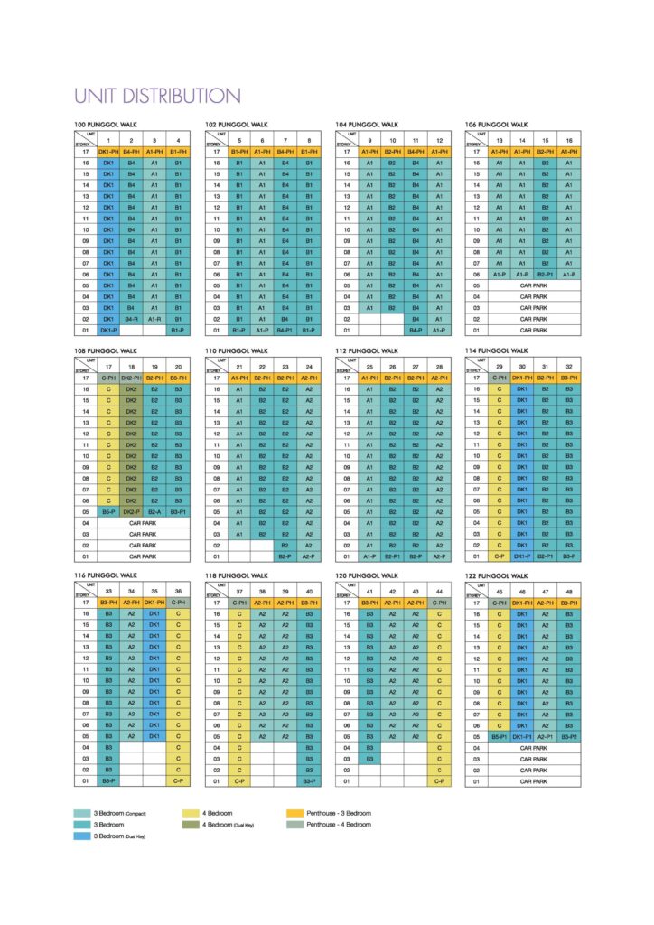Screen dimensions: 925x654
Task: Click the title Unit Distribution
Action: point(157,96)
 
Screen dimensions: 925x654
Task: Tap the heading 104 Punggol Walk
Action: point(367,124)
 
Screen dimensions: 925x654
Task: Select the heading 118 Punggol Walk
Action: point(237,575)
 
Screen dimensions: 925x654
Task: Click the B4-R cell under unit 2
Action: point(131,319)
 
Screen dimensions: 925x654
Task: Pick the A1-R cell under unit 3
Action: point(154,319)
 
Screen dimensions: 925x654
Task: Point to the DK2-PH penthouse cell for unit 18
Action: point(131,377)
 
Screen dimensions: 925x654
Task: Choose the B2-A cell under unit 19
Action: point(154,510)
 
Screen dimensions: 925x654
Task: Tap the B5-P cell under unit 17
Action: point(107,510)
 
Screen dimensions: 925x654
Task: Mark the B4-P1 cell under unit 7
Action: point(285,331)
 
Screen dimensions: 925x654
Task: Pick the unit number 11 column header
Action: point(416,140)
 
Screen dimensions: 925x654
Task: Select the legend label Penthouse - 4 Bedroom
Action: point(339,824)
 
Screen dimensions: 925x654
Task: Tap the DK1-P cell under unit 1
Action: point(107,331)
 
